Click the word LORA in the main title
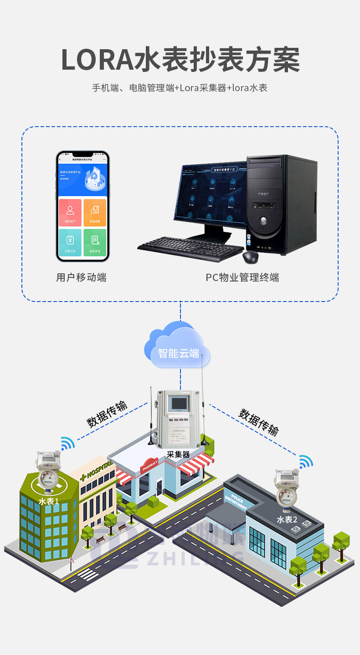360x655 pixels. tap(97, 60)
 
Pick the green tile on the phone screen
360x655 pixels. tap(95, 242)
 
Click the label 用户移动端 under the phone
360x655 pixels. tap(81, 277)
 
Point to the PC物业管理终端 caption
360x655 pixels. tap(242, 277)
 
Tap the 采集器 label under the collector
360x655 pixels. tap(178, 454)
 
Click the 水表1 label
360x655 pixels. tap(48, 501)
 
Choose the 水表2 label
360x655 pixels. tap(287, 519)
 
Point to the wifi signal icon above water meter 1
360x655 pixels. tap(67, 443)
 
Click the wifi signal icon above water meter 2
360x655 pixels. tap(306, 462)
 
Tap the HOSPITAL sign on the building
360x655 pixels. tap(96, 471)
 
